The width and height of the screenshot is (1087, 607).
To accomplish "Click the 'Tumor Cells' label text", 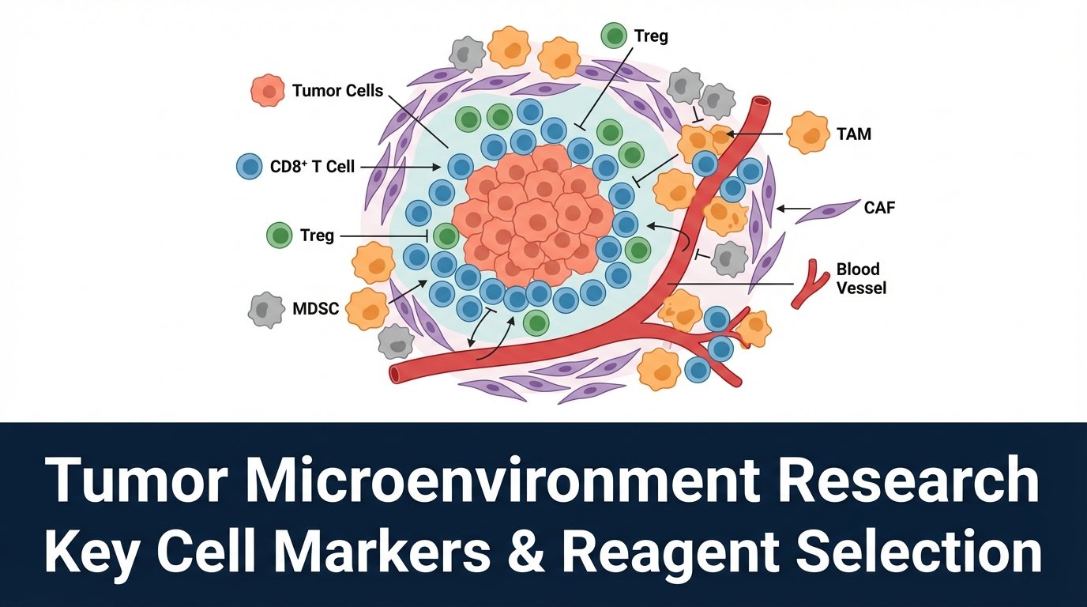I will click(337, 91).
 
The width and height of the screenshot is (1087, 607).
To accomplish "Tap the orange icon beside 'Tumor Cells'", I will click(269, 92).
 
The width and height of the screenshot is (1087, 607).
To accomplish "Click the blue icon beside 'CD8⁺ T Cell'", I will click(250, 167).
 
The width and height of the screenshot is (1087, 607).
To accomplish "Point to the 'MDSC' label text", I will click(315, 308).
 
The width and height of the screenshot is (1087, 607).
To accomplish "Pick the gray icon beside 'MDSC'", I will click(265, 309).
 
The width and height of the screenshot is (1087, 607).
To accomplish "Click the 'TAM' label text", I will click(854, 134).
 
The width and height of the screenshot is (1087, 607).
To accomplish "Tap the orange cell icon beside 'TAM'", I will click(807, 133).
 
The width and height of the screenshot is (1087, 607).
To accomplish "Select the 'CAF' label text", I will click(880, 209).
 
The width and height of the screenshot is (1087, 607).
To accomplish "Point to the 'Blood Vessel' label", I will click(861, 278).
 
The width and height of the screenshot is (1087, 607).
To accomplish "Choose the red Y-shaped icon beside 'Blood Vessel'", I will click(809, 282).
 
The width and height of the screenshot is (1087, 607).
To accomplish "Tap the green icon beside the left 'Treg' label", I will click(280, 236).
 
